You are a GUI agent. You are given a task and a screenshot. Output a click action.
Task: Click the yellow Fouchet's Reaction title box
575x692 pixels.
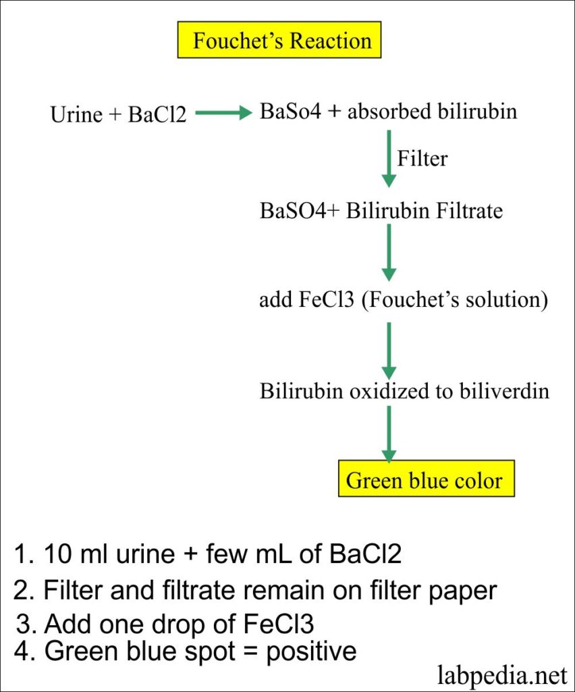(279, 40)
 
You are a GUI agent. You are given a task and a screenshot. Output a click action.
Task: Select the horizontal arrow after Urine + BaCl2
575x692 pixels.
(223, 113)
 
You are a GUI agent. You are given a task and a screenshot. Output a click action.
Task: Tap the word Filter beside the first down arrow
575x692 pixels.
(422, 158)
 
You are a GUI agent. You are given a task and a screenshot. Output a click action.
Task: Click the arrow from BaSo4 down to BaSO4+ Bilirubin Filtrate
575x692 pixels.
(389, 158)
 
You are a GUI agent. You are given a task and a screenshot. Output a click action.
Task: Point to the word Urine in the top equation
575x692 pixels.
(76, 115)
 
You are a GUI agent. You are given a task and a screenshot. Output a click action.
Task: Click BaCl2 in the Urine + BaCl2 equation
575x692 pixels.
(157, 115)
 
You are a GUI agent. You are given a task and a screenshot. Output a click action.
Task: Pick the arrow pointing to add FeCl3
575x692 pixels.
(389, 253)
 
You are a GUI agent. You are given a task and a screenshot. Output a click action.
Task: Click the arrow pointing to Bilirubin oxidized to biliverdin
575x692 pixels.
(389, 351)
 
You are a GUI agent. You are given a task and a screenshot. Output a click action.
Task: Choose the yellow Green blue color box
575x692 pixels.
(426, 478)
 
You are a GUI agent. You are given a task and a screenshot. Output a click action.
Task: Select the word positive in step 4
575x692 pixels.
(311, 651)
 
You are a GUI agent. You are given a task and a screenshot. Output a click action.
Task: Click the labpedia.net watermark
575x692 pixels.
(502, 676)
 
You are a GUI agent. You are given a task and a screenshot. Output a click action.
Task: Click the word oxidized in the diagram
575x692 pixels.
(389, 391)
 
